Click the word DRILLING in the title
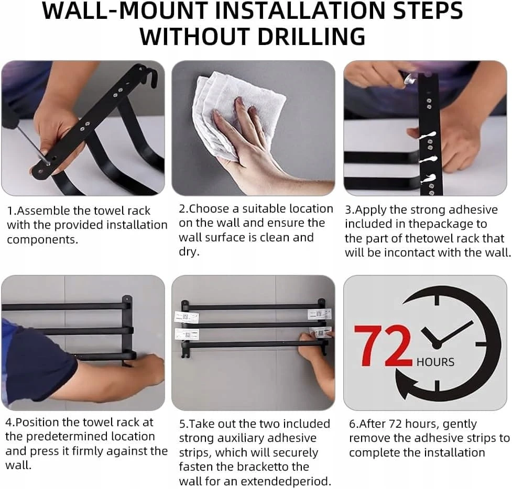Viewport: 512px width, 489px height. point(311,36)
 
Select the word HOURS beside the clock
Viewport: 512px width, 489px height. point(435,362)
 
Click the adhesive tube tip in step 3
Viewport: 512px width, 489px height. point(410,79)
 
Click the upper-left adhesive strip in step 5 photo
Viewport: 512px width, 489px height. point(187,317)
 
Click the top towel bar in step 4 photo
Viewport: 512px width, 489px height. point(66,307)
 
